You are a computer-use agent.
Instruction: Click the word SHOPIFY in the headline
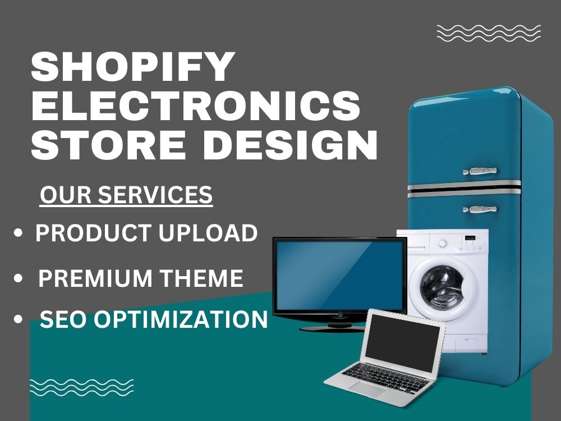[132, 67]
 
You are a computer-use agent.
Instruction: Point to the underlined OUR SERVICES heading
[126, 195]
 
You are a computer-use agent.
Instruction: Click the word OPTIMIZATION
[180, 320]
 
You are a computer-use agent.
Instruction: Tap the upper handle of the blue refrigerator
[480, 170]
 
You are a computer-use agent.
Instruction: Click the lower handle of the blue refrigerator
[480, 210]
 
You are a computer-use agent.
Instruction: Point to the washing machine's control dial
[443, 244]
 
